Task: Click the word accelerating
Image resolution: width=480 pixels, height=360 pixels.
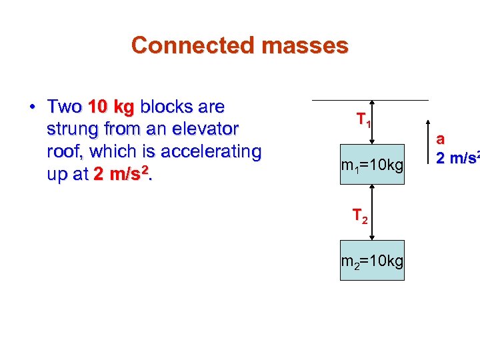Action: pos(205,151)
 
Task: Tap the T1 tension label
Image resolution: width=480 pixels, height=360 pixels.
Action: pos(363,121)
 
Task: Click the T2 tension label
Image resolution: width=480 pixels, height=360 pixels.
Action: pos(359,216)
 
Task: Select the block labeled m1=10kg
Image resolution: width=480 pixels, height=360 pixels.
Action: pos(372,164)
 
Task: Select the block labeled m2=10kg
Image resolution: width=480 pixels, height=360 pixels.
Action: pos(372,260)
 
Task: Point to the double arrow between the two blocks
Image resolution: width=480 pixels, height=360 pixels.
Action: pos(372,212)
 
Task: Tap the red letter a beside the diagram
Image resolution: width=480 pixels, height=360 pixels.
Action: pos(440,140)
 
